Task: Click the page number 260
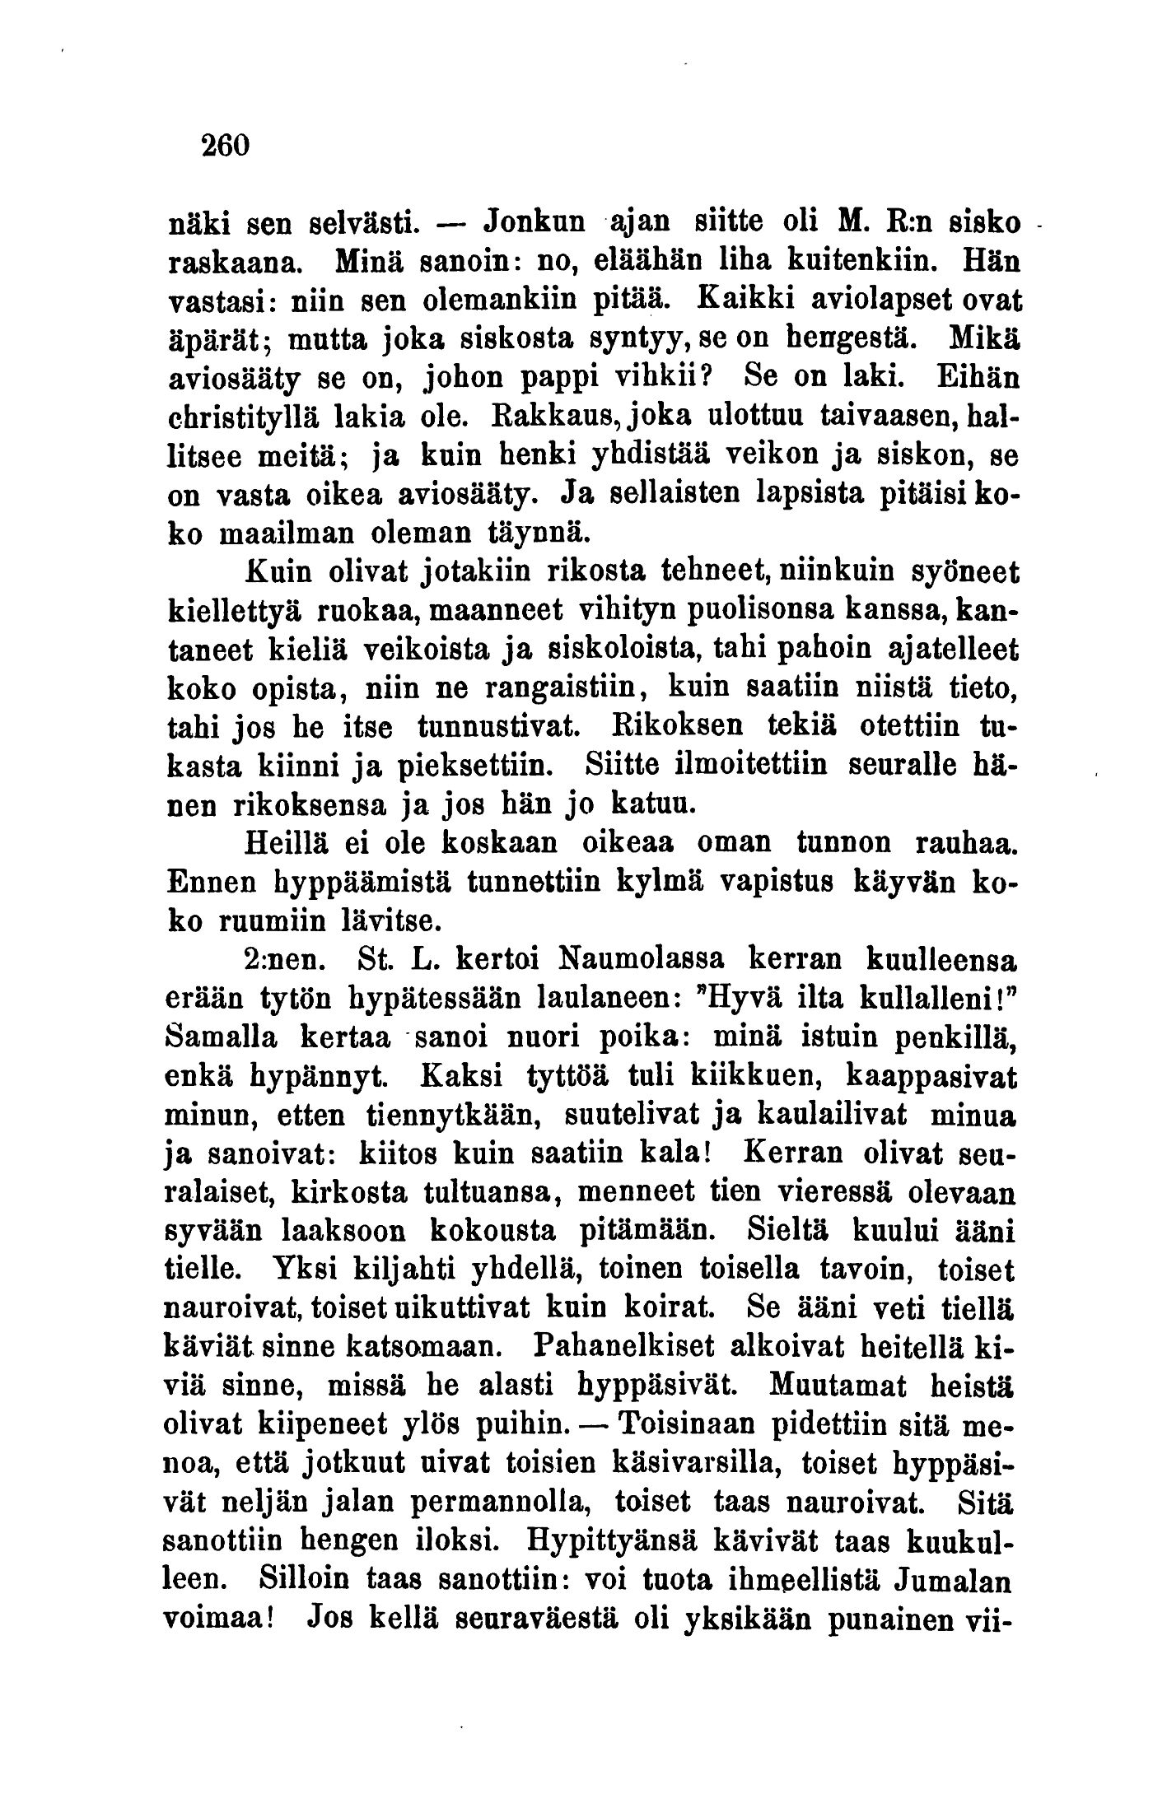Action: [223, 147]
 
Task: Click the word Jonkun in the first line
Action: [529, 225]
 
